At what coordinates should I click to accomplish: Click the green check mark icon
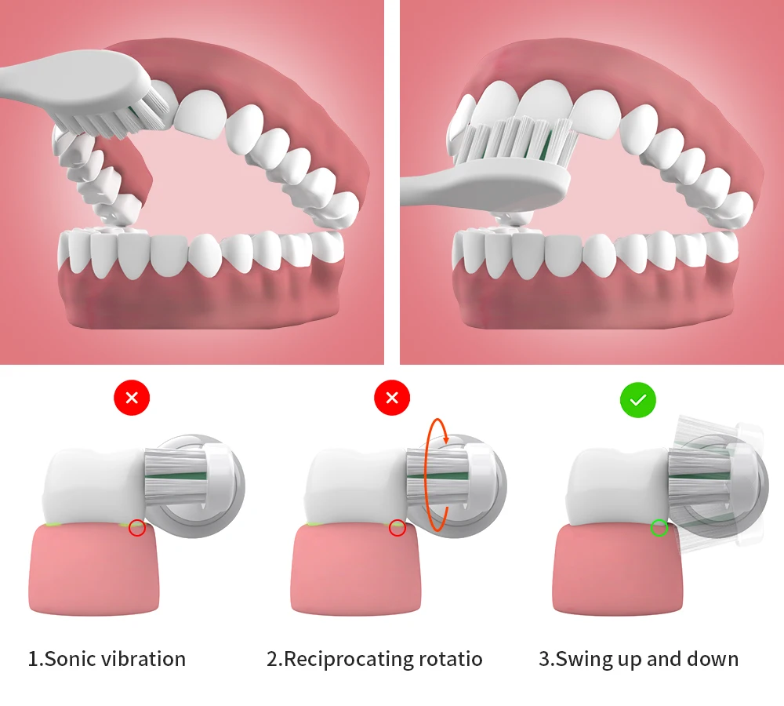click(x=638, y=400)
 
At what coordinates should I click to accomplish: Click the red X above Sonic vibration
click(x=132, y=398)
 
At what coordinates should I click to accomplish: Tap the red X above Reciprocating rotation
click(x=392, y=398)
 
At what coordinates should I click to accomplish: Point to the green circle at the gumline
click(x=659, y=528)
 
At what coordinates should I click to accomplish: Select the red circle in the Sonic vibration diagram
click(x=137, y=528)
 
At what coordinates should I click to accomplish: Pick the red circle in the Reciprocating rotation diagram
click(x=397, y=528)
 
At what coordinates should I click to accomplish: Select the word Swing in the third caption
click(x=583, y=658)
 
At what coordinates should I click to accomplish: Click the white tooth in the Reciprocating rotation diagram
click(x=353, y=486)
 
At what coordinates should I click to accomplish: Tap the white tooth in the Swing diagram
click(x=615, y=486)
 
